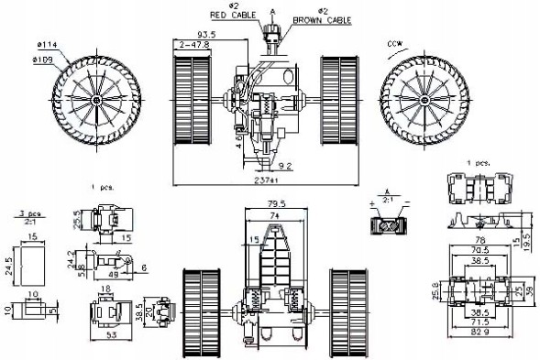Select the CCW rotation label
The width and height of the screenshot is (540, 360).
(x=394, y=43)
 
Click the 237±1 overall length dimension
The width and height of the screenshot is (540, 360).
(x=256, y=180)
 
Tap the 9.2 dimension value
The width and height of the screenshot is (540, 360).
(x=285, y=166)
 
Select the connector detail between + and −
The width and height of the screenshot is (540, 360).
(x=389, y=223)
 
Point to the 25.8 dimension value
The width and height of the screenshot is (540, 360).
(x=436, y=291)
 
